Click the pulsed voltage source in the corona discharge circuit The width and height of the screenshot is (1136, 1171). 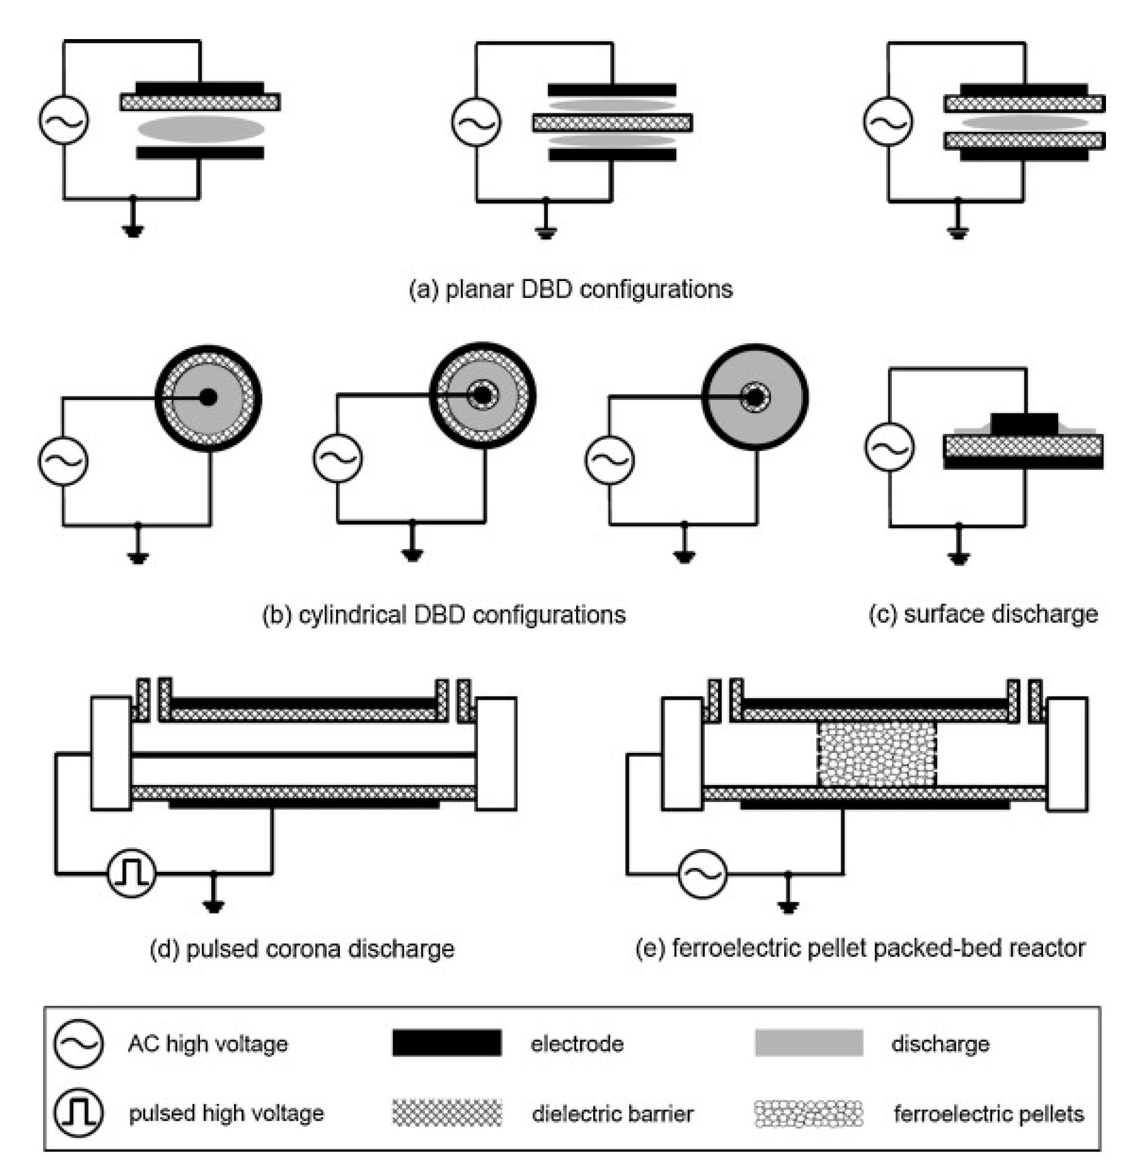tap(131, 874)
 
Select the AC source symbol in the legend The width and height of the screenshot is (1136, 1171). tap(78, 1044)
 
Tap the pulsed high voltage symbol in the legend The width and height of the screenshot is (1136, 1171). tap(78, 1112)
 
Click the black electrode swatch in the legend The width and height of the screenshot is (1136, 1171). tap(446, 1043)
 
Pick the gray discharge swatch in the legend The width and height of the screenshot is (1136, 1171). tap(809, 1043)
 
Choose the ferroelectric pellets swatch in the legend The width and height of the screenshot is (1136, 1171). tap(809, 1113)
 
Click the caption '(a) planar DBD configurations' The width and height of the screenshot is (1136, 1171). tap(570, 289)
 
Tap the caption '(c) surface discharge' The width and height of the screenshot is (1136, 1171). tap(982, 614)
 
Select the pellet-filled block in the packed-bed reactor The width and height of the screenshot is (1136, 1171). tap(876, 755)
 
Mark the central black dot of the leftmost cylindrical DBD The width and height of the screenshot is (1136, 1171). tap(208, 397)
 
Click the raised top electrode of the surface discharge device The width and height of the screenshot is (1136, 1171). tap(1024, 423)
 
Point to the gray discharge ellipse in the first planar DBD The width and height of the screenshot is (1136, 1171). tap(201, 129)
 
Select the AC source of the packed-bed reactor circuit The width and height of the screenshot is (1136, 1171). tap(703, 874)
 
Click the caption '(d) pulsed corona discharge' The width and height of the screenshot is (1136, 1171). tap(302, 949)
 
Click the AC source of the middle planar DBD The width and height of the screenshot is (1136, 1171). tap(476, 122)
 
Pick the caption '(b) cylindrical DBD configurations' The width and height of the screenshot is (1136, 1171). tap(444, 614)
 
